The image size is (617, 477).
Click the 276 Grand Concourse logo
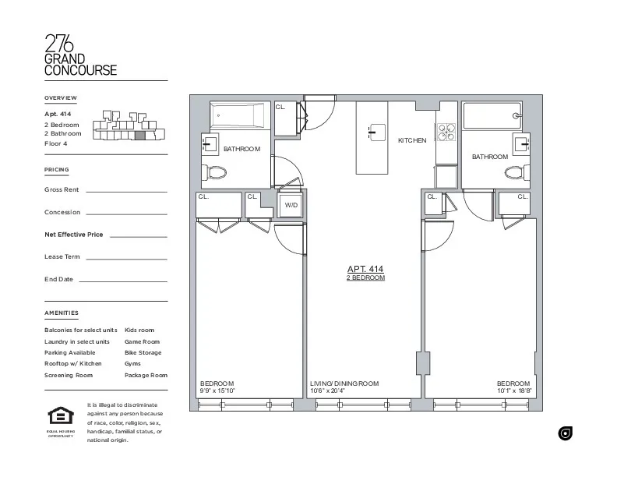[x=80, y=55]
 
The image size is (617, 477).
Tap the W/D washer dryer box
[x=291, y=205]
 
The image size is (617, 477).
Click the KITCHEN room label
[x=412, y=140]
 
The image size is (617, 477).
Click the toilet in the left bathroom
[x=214, y=172]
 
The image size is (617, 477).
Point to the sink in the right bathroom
[x=521, y=144]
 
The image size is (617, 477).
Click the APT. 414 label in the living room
[x=365, y=269]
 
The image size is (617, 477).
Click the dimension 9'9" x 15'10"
[x=217, y=390]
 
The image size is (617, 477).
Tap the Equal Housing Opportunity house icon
[x=59, y=416]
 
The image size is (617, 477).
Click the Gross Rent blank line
[x=126, y=191]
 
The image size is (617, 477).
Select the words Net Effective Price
[x=73, y=234]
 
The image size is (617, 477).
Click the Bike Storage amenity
[x=143, y=352]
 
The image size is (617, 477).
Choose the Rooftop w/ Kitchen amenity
[x=73, y=364]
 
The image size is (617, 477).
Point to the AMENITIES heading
[x=62, y=313]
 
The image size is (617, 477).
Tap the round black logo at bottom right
[x=565, y=433]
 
